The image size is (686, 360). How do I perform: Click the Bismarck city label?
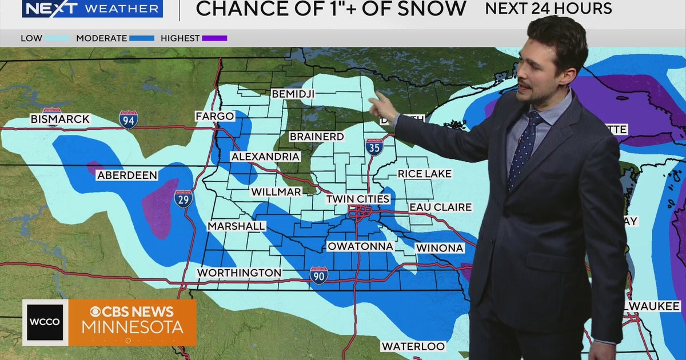(60, 119)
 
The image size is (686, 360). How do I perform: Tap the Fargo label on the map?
(214, 117)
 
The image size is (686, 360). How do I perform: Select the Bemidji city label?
(293, 93)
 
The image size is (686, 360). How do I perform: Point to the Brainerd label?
(316, 137)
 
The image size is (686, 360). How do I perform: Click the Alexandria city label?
(265, 157)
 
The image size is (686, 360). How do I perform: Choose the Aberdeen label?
(127, 175)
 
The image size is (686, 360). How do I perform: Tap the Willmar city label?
(276, 192)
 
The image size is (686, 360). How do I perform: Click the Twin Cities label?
(358, 199)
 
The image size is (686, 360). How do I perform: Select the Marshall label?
(236, 226)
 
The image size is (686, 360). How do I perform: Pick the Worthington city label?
(239, 273)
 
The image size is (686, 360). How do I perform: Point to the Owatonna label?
(360, 246)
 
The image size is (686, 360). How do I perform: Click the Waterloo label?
(413, 346)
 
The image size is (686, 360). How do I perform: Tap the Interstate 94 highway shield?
(128, 119)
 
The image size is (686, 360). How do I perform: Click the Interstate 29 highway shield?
(184, 198)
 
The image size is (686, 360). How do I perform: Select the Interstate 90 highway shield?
(319, 275)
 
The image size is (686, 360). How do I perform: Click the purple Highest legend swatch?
(214, 38)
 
